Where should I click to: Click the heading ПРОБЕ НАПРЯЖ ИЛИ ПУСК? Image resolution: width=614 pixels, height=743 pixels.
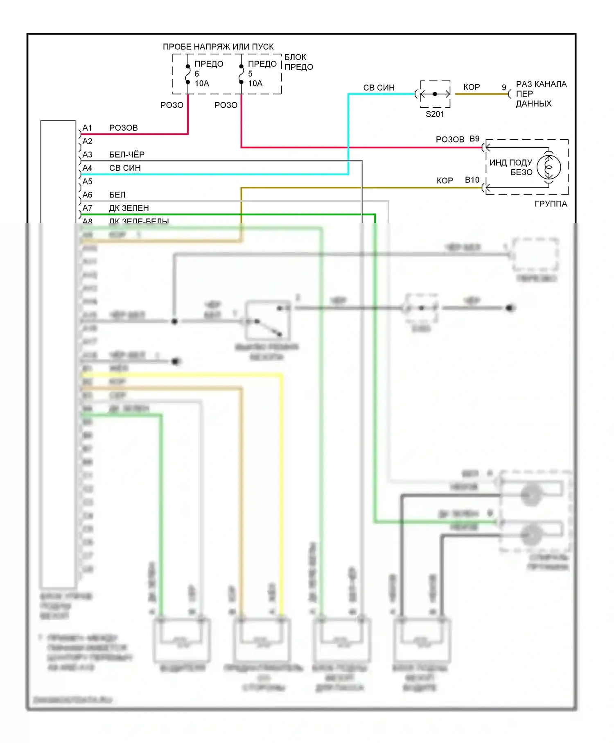pos(218,47)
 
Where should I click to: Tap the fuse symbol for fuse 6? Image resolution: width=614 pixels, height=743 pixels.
pos(188,74)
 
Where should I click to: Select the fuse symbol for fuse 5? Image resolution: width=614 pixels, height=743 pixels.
pos(242,74)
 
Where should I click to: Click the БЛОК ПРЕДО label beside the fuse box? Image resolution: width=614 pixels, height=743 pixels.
pos(298,62)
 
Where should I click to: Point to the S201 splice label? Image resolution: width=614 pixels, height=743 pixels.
pos(435,114)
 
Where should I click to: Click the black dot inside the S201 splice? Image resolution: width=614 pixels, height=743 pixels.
pos(435,94)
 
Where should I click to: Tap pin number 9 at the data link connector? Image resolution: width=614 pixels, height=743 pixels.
pos(504,88)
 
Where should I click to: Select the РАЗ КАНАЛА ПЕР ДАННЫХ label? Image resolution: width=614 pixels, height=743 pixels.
pos(541,94)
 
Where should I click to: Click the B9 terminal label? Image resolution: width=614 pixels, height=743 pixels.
pos(474,139)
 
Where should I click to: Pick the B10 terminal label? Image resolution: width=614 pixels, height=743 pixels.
pos(472,180)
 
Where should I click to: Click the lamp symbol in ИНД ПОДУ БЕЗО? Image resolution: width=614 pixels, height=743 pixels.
pos(549,167)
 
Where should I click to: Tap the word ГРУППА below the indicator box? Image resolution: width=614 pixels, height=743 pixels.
pos(551,204)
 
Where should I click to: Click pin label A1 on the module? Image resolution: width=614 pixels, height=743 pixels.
pos(87,128)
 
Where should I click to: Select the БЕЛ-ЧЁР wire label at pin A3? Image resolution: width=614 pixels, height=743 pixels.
pos(127,154)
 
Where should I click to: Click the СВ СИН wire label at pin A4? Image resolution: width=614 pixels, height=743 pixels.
pos(125,168)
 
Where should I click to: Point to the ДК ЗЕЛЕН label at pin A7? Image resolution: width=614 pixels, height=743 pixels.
pos(129,208)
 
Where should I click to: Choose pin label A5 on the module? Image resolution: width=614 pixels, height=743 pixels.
pos(87,181)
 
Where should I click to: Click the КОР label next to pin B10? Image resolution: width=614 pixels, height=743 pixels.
pos(445,181)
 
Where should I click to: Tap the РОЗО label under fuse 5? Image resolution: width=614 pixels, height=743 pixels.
pos(226,105)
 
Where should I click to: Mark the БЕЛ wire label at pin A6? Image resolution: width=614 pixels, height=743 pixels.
pos(117,195)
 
